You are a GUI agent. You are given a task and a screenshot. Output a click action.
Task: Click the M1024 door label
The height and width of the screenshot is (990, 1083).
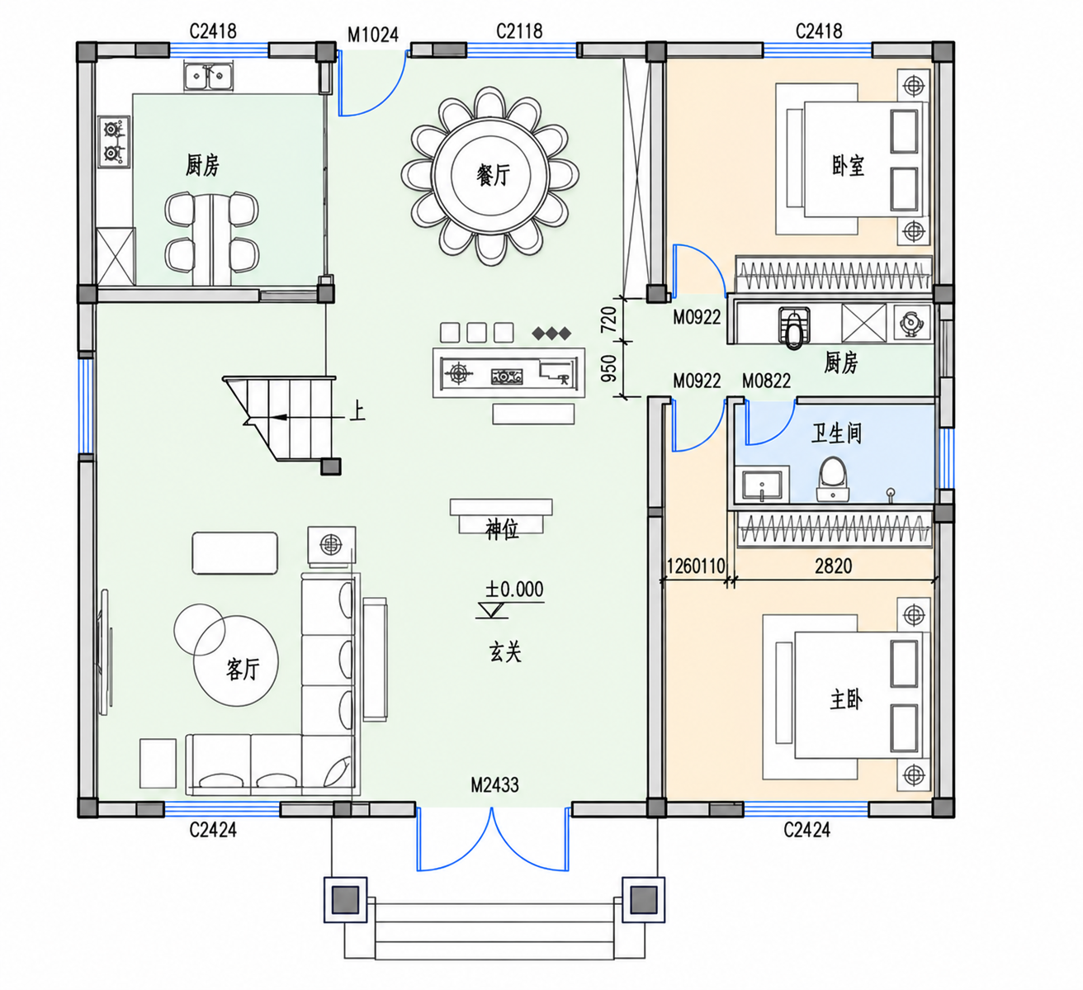pyautogui.click(x=372, y=36)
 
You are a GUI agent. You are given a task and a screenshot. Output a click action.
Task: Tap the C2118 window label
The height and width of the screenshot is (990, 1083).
pyautogui.click(x=519, y=31)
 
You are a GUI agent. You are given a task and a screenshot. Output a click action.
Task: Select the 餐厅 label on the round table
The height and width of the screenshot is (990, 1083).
pyautogui.click(x=492, y=176)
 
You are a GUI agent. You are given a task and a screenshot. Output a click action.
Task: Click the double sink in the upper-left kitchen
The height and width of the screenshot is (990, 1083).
pyautogui.click(x=208, y=77)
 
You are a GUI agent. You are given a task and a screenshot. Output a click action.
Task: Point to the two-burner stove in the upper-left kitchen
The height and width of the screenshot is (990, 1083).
pyautogui.click(x=115, y=141)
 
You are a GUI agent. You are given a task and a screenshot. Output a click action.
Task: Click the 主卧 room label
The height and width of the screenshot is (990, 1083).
pyautogui.click(x=846, y=699)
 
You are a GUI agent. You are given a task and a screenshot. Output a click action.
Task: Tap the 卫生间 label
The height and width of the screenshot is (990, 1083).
pyautogui.click(x=836, y=433)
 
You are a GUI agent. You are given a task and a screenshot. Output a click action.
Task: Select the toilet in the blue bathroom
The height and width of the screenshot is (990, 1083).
pyautogui.click(x=833, y=479)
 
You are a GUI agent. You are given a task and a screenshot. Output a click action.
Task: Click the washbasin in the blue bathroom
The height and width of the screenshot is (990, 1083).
pyautogui.click(x=763, y=484)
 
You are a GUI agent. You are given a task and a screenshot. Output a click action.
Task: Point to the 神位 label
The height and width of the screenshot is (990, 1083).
pyautogui.click(x=502, y=530)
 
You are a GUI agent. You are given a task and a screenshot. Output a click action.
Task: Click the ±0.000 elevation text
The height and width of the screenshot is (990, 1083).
pyautogui.click(x=514, y=590)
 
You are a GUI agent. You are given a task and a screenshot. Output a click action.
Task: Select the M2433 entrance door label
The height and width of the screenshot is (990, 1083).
pyautogui.click(x=494, y=784)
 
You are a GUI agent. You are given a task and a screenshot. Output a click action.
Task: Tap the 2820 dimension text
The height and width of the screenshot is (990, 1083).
pyautogui.click(x=833, y=566)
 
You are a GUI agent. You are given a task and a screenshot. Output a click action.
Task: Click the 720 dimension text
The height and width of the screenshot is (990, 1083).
pyautogui.click(x=608, y=320)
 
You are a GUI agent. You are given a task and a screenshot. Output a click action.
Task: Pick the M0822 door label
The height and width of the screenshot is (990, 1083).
pyautogui.click(x=766, y=381)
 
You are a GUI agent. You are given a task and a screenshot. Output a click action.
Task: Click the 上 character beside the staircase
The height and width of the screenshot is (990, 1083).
pyautogui.click(x=357, y=413)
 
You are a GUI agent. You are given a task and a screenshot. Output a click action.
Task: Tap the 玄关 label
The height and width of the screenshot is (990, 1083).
pyautogui.click(x=505, y=652)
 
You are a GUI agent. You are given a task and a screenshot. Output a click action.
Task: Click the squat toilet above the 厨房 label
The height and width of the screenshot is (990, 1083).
pyautogui.click(x=795, y=327)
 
